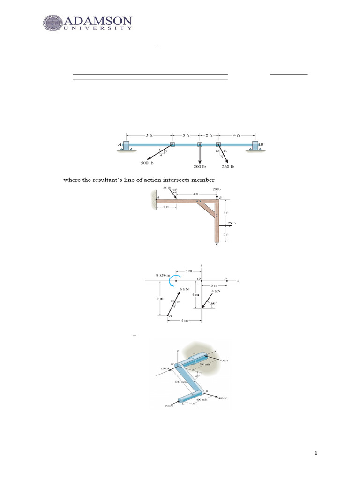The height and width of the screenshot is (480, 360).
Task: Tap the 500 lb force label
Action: [x=147, y=163]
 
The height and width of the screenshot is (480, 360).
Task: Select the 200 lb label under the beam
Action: [x=200, y=166]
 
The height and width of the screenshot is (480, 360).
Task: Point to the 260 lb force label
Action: [x=228, y=166]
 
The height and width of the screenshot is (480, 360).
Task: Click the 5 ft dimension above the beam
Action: [x=149, y=135]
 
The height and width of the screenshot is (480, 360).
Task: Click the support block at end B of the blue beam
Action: [x=255, y=145]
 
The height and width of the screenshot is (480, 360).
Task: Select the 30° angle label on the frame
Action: [x=174, y=190]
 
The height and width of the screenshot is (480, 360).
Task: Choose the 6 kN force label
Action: [x=184, y=289]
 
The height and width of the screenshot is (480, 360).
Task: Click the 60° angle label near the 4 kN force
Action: [x=214, y=303]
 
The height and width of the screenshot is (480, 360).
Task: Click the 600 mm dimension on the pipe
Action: [x=181, y=382]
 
